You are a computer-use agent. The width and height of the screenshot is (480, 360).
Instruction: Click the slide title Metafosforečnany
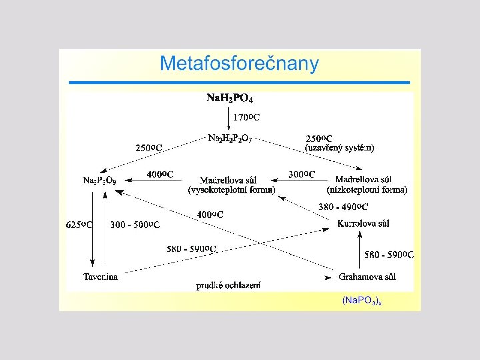pyautogui.click(x=239, y=64)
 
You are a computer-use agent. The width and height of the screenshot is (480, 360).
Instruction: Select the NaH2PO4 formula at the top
pyautogui.click(x=229, y=98)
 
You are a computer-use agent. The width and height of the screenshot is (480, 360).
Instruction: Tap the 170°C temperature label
pyautogui.click(x=246, y=117)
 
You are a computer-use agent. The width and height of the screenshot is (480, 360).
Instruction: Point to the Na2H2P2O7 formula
pyautogui.click(x=229, y=138)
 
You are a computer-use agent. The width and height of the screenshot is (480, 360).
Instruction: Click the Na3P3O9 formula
pyautogui.click(x=101, y=180)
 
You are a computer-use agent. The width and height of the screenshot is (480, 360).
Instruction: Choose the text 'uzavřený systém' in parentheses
pyautogui.click(x=339, y=147)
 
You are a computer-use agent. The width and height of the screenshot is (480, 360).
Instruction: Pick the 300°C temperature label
pyautogui.click(x=301, y=175)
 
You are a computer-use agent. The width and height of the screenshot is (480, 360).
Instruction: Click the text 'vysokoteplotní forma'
pyautogui.click(x=231, y=190)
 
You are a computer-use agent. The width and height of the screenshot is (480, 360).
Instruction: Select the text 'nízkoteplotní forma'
pyautogui.click(x=367, y=190)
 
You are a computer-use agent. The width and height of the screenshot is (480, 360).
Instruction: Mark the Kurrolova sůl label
pyautogui.click(x=363, y=223)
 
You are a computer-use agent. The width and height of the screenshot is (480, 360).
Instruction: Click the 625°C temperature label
pyautogui.click(x=79, y=225)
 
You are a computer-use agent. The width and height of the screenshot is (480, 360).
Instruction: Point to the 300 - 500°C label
pyautogui.click(x=135, y=225)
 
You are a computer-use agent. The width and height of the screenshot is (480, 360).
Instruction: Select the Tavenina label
pyautogui.click(x=101, y=276)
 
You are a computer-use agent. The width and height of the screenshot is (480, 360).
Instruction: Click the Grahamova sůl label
pyautogui.click(x=368, y=276)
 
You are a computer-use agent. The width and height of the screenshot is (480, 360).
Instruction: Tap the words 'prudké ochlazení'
pyautogui.click(x=228, y=285)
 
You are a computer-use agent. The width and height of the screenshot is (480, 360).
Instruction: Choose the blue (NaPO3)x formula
pyautogui.click(x=362, y=301)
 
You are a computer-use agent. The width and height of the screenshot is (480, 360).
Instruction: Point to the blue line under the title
pyautogui.click(x=239, y=83)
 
